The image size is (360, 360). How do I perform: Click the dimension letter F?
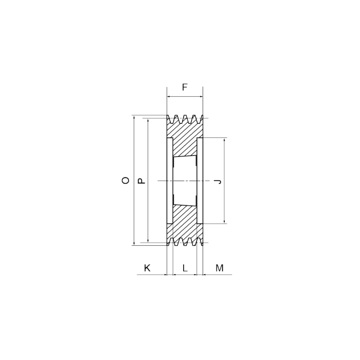[x=185, y=87]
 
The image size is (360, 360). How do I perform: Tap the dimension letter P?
[x=142, y=181]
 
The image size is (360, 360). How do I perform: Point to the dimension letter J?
[x=218, y=181]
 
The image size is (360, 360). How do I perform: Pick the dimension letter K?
[x=147, y=268]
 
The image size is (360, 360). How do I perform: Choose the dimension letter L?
[x=185, y=268]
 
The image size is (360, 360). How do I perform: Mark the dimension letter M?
[x=220, y=268]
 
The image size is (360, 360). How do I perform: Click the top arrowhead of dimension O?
[x=134, y=118]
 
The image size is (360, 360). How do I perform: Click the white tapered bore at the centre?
[x=185, y=181]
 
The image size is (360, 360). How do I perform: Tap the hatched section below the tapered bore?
[x=185, y=221]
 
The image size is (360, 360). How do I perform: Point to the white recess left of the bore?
[x=170, y=181]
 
